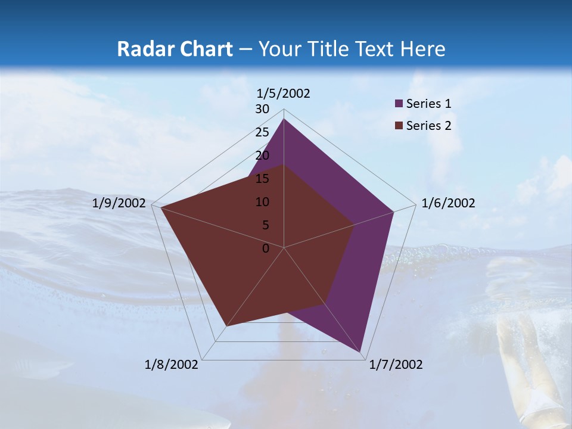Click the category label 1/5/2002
284,94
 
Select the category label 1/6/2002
448,203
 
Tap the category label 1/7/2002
396,365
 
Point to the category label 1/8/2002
172,365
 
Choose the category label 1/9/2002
119,203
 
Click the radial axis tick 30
262,109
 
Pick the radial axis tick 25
262,132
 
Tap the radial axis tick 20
262,156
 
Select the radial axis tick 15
262,179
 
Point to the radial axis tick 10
262,202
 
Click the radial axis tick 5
266,225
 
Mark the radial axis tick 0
266,248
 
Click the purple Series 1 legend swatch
399,104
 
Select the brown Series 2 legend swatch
399,126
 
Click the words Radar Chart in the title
174,49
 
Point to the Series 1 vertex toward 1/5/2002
284,119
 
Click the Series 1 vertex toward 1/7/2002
360,352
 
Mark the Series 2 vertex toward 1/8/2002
226,326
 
